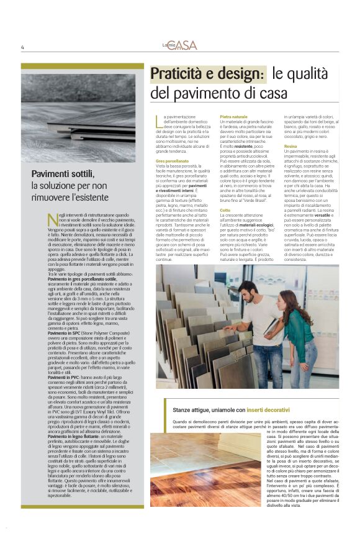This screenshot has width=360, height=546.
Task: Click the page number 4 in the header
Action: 22,47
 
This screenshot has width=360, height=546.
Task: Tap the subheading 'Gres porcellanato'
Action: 172,160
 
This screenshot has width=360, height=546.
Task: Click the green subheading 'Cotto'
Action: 225,211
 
